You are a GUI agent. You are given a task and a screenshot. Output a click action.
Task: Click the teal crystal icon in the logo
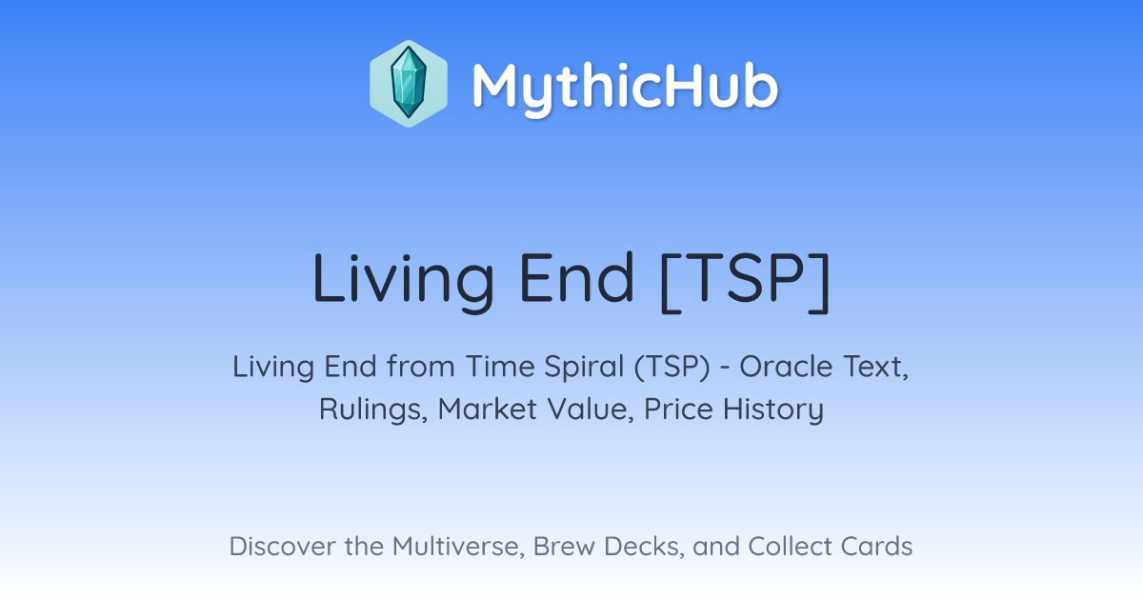coord(409,83)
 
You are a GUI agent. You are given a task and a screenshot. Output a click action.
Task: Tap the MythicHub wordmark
coord(625,88)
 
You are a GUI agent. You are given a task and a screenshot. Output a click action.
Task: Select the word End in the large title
coord(576,278)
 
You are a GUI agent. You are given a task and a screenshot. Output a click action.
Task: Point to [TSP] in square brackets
coord(745,281)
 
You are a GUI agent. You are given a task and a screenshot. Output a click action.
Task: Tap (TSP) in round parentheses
coord(672,368)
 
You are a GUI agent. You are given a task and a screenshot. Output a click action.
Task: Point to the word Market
coord(488,409)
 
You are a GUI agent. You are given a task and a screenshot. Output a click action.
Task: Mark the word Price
coord(678,409)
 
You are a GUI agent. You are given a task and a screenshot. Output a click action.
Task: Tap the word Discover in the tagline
coord(283,547)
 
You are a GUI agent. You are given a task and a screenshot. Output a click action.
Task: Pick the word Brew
coord(564,547)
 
